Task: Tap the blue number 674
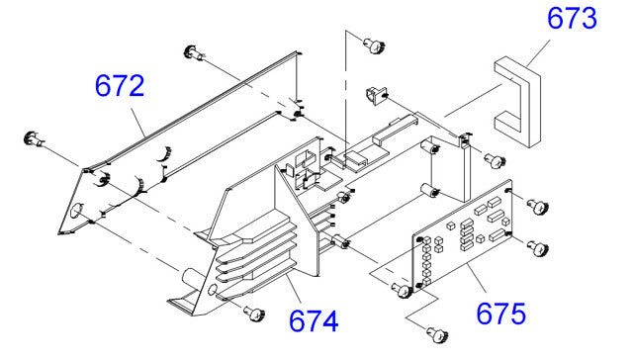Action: click(x=314, y=321)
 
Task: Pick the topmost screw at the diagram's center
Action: click(x=373, y=43)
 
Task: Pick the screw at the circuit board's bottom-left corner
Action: click(x=401, y=290)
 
